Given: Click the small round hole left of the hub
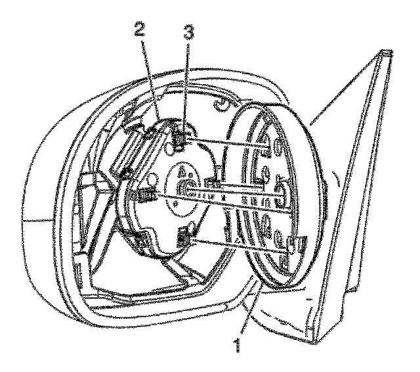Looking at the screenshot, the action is (152, 179).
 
